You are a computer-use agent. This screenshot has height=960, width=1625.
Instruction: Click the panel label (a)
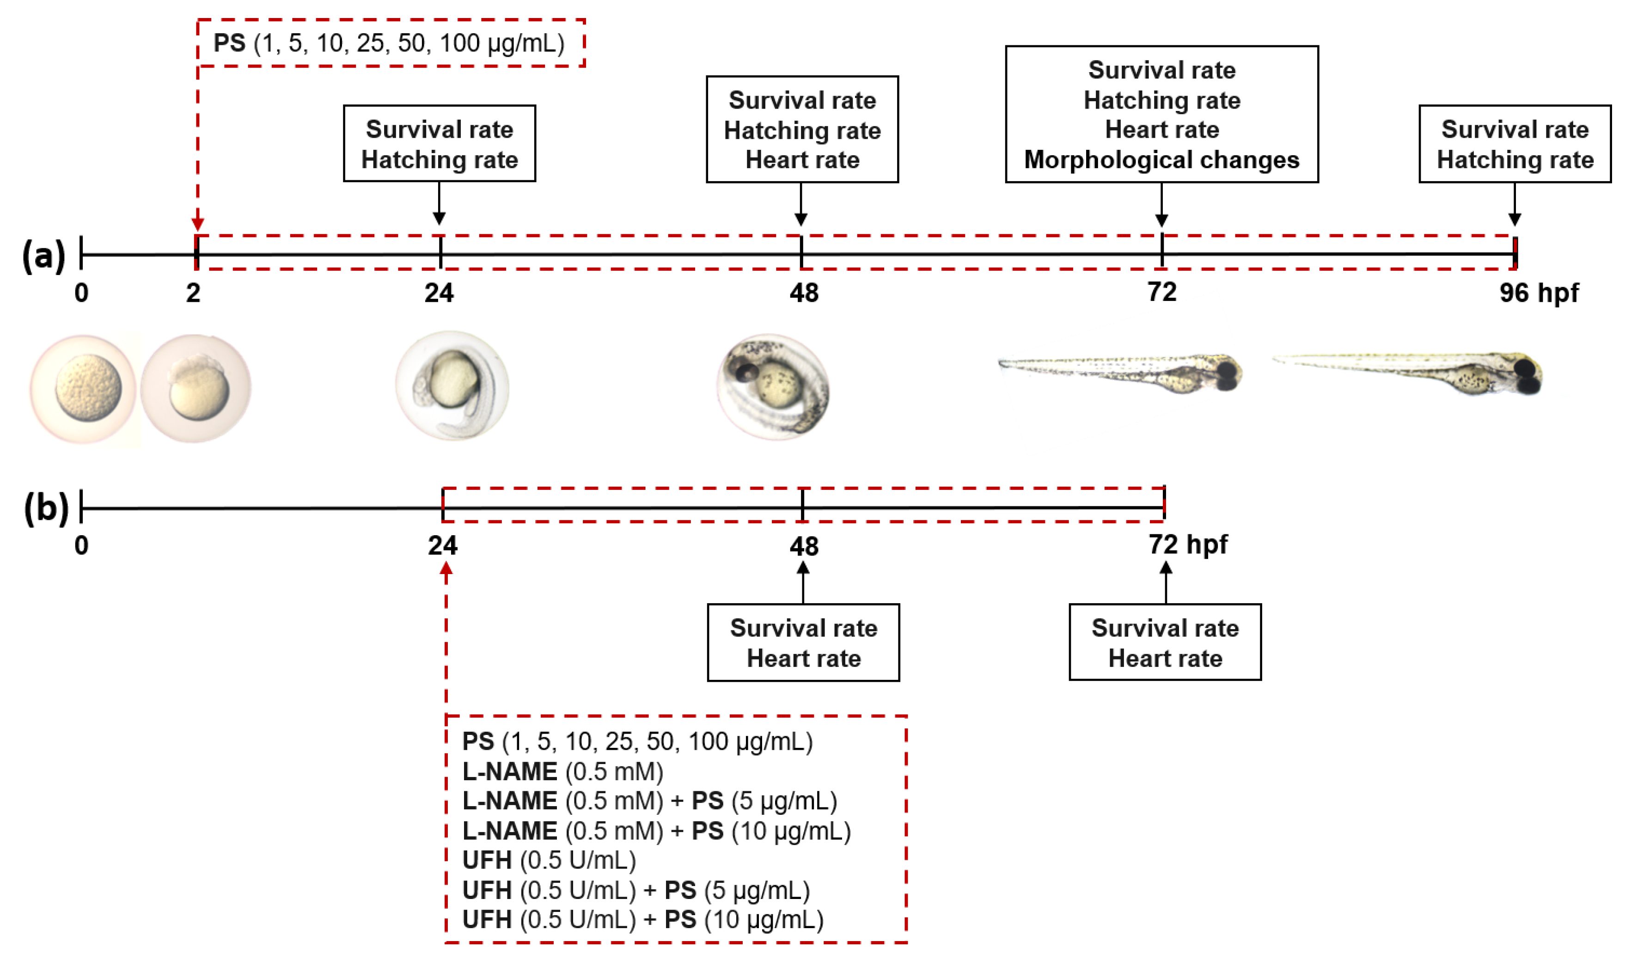(x=44, y=256)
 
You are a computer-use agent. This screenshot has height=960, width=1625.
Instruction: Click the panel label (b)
(x=46, y=508)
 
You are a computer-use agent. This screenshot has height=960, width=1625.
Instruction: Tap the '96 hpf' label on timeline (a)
(x=1538, y=293)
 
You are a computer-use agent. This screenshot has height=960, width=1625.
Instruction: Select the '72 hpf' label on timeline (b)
(x=1187, y=544)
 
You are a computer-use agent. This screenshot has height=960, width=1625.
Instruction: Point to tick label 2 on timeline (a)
(x=193, y=294)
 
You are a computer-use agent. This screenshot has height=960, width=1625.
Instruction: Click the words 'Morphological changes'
(x=1161, y=160)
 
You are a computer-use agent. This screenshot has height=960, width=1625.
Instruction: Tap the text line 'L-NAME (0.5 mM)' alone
(x=562, y=771)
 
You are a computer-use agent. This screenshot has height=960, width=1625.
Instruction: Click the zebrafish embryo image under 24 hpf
(x=452, y=386)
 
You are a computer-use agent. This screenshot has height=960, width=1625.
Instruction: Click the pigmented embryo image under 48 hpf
(x=773, y=387)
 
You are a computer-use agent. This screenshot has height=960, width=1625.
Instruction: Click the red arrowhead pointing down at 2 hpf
(x=198, y=224)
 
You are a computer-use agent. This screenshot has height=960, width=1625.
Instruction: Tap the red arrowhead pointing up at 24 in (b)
(x=446, y=569)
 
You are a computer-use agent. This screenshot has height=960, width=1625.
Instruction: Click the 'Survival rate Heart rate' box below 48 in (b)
(x=803, y=642)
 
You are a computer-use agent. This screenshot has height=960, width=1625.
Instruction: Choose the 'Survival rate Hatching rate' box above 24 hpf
(x=439, y=144)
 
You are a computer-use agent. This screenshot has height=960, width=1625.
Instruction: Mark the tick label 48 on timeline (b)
(x=803, y=547)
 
